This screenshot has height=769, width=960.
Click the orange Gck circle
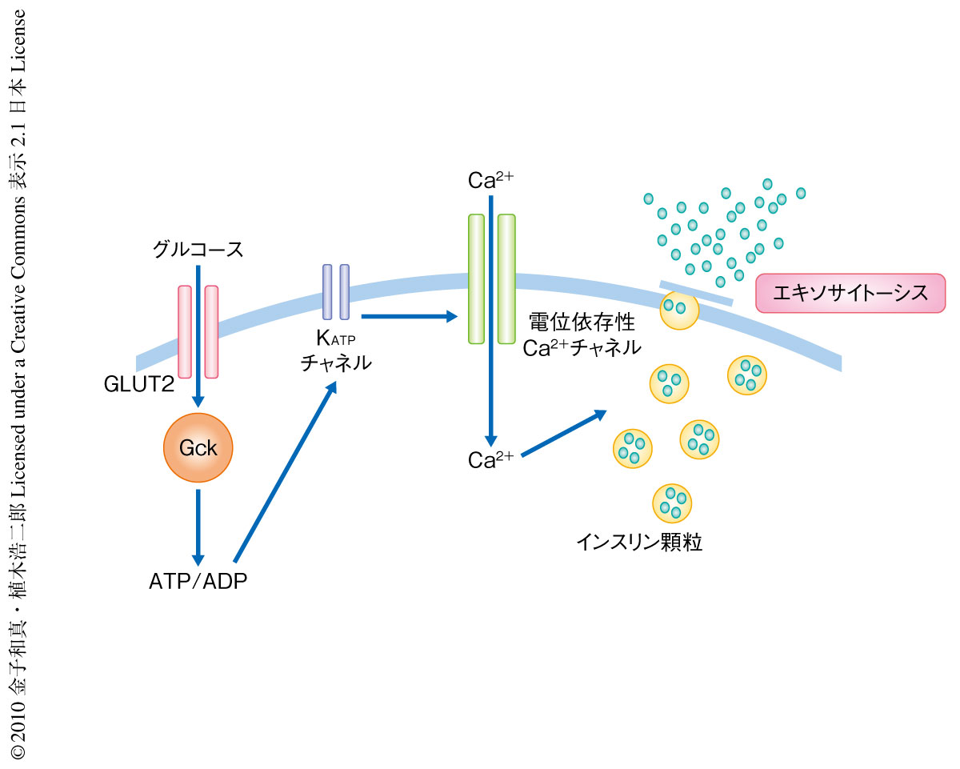point(198,448)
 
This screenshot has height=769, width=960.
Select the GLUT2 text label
point(138,385)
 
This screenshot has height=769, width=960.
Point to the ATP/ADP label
point(198,581)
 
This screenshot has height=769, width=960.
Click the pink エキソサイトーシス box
point(850,293)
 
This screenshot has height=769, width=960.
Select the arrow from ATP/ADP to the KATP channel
point(284,471)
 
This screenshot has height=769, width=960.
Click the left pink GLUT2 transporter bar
point(185,331)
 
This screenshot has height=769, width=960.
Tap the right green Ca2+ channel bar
point(506,278)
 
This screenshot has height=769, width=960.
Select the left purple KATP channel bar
point(326,292)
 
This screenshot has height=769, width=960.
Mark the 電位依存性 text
point(582,324)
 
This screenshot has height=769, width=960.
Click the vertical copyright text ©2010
point(18,384)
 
